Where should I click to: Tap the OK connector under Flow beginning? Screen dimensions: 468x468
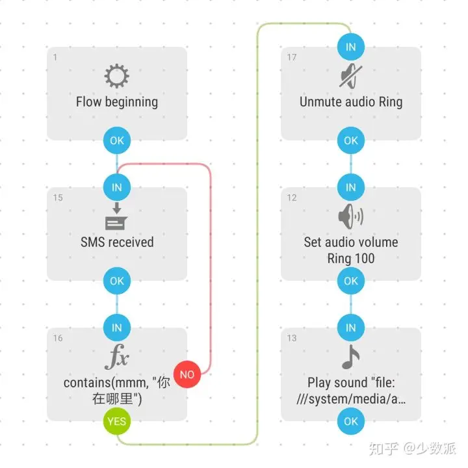[x=117, y=140]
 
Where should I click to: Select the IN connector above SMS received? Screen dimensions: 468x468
[x=117, y=187]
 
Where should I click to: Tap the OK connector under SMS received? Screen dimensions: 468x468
[x=117, y=281]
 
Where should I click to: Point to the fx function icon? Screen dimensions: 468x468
[x=117, y=358]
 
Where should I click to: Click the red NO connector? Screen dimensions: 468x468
[x=187, y=374]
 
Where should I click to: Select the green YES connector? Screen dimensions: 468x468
[x=117, y=421]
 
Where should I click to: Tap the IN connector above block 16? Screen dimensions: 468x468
[x=117, y=328]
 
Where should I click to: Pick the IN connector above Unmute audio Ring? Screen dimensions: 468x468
[x=351, y=47]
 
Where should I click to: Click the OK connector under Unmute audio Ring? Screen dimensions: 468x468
[x=351, y=140]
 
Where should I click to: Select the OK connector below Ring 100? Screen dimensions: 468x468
[x=351, y=281]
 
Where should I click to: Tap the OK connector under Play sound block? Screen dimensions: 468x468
[x=351, y=421]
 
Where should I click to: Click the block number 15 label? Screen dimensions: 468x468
[x=58, y=198]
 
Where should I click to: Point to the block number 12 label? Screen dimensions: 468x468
[x=292, y=198]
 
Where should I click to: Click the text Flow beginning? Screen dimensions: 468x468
[x=117, y=102]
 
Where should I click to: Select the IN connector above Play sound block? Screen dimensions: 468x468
[x=351, y=328]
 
